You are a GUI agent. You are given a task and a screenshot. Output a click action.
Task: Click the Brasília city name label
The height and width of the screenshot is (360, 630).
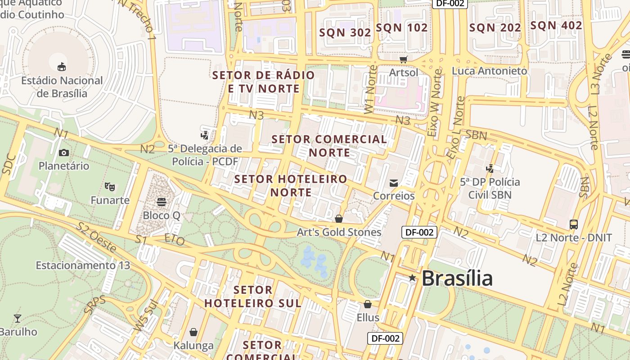pos(457,278)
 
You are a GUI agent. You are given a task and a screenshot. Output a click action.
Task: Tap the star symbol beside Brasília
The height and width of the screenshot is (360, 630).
pos(412,278)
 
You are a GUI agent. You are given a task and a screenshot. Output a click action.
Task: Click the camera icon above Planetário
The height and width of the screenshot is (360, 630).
pos(63,153)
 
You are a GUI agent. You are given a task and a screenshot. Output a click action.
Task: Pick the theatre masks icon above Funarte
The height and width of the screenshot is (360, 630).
pos(109,186)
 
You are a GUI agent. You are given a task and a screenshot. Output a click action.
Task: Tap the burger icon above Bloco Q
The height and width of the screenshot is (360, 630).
pos(161,202)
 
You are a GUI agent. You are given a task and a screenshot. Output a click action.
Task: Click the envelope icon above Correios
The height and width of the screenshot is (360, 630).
pos(394,183)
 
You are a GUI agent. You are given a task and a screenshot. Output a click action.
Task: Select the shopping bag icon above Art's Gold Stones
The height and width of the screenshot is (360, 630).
pos(339,219)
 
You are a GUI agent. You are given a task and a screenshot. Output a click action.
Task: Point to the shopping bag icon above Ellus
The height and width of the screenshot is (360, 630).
pos(368,304)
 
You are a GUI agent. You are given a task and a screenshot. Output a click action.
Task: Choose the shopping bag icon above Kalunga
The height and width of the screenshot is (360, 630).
pos(193,332)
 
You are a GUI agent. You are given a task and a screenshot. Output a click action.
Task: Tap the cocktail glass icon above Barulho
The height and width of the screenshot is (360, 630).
pos(18,319)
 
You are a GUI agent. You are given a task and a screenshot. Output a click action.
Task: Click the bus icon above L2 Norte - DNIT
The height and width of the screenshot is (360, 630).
pos(573,224)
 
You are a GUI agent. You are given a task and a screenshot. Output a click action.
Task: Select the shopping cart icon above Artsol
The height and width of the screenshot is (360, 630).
pos(404,59)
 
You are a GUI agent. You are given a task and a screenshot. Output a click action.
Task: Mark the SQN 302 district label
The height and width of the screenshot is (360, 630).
pos(345,32)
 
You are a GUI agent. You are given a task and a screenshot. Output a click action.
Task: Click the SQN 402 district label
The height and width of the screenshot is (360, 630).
pos(556,26)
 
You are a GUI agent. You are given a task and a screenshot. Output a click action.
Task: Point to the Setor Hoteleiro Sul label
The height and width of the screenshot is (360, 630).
pos(253,297)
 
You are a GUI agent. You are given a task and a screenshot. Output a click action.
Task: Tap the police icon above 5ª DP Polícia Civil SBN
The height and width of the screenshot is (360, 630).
pos(490,169)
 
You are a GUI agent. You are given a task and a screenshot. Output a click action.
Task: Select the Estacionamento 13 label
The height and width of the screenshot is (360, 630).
pos(83,265)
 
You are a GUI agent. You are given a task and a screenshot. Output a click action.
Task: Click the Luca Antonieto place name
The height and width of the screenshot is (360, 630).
pos(489,71)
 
